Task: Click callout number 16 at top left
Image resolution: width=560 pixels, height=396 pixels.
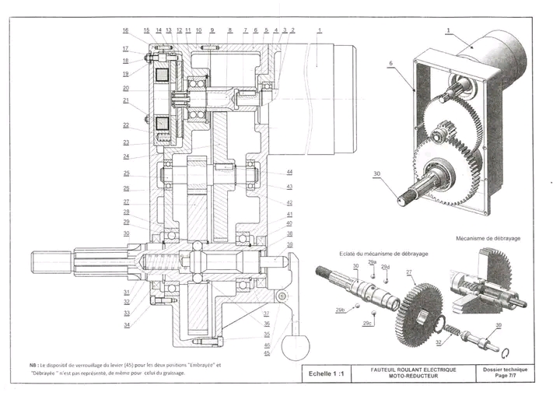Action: [x=124, y=30]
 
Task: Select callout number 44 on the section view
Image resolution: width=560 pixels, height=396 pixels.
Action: [x=289, y=172]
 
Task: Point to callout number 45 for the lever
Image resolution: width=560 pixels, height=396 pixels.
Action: [x=267, y=353]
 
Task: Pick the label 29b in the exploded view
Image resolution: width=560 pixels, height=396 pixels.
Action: [x=340, y=310]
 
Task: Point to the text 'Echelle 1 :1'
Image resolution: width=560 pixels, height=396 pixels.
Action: [x=327, y=373]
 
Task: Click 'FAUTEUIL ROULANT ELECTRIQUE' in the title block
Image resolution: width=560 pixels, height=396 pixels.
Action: [x=414, y=369]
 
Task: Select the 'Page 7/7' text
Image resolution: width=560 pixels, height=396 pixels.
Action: [x=504, y=376]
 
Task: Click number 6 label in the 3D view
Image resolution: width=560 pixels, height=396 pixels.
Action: [x=390, y=61]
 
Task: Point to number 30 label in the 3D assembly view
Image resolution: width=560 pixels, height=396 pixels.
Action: [x=376, y=173]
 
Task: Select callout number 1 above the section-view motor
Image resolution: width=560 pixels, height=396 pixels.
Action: [x=319, y=30]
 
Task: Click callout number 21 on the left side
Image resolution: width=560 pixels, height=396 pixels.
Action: [x=124, y=100]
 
